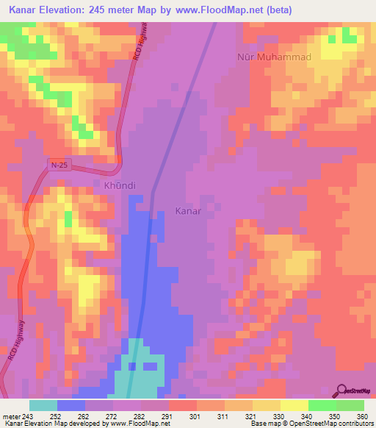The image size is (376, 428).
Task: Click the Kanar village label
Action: point(188,211)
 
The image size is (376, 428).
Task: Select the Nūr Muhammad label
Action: point(275,57)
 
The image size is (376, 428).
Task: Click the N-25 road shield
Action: point(60,167)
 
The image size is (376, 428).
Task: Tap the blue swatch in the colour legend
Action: point(71,405)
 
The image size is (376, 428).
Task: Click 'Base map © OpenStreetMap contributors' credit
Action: point(310,424)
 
